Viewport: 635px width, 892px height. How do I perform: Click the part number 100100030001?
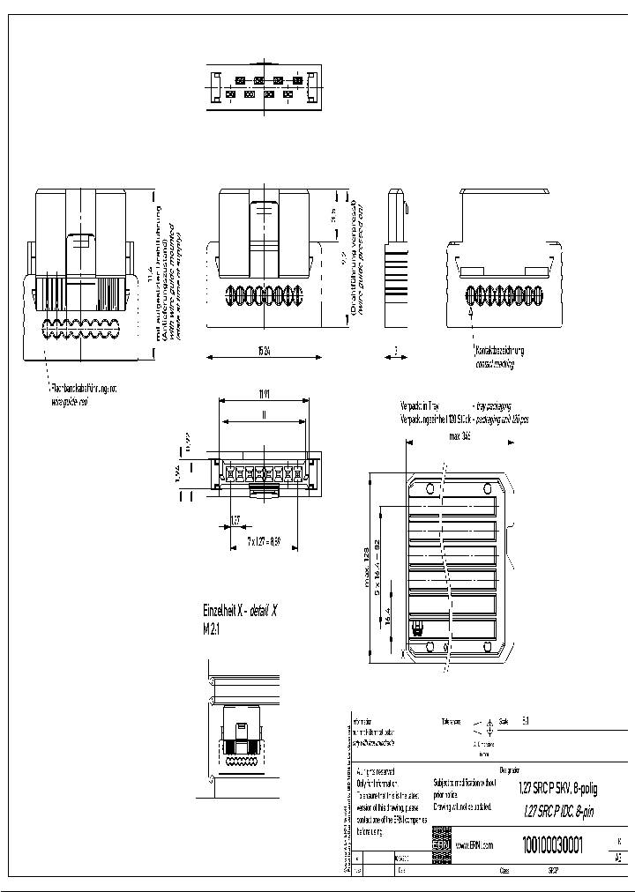(553, 844)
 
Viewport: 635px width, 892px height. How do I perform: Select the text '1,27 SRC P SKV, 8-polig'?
(557, 790)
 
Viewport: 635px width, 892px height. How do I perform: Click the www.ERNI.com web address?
(474, 844)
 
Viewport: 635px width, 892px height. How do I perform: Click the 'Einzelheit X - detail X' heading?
(240, 611)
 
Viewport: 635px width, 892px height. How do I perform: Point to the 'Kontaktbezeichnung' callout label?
(499, 351)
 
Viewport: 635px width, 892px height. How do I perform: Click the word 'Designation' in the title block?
(510, 769)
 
